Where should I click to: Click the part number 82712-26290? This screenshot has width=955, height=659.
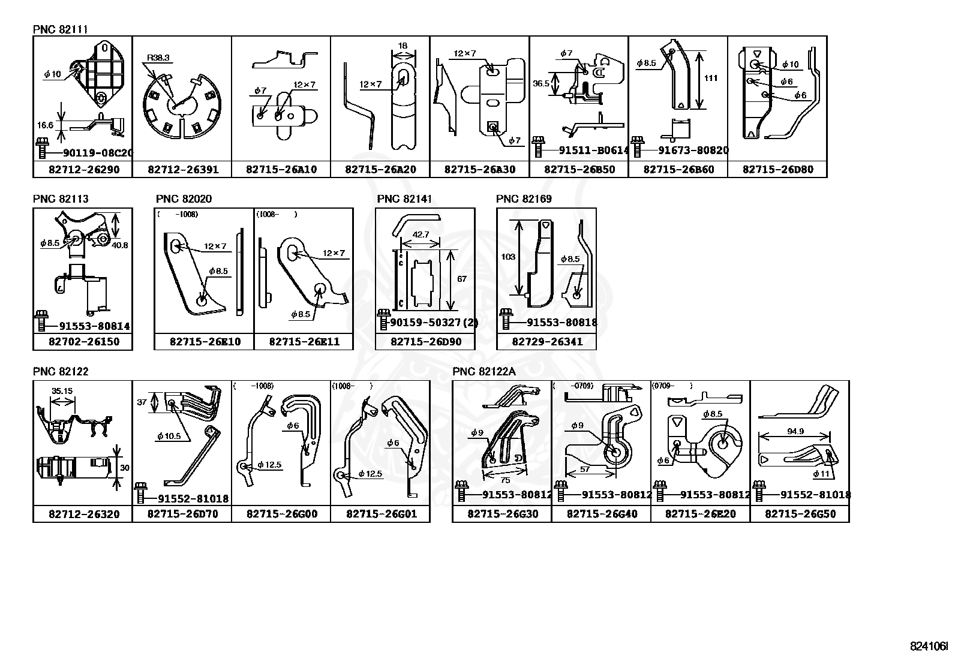pyautogui.click(x=83, y=170)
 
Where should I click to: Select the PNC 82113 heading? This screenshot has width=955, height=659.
pyautogui.click(x=61, y=198)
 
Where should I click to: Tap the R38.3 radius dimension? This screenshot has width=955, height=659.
pyautogui.click(x=158, y=58)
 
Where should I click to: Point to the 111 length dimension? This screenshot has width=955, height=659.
pyautogui.click(x=711, y=78)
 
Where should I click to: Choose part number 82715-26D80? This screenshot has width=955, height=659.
pyautogui.click(x=777, y=170)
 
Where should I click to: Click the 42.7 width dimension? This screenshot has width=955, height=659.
pyautogui.click(x=421, y=234)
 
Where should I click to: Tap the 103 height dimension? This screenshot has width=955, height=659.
pyautogui.click(x=507, y=257)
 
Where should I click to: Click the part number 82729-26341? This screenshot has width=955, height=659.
pyautogui.click(x=546, y=342)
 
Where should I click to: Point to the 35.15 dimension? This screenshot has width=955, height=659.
pyautogui.click(x=62, y=390)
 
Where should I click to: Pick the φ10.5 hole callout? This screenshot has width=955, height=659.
pyautogui.click(x=169, y=436)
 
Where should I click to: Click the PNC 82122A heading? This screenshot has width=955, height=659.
pyautogui.click(x=483, y=371)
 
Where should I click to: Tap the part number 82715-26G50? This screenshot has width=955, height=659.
pyautogui.click(x=800, y=514)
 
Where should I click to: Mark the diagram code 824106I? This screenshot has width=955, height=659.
pyautogui.click(x=929, y=646)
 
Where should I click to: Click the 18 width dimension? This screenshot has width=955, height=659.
pyautogui.click(x=403, y=46)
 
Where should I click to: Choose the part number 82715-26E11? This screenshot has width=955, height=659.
pyautogui.click(x=304, y=342)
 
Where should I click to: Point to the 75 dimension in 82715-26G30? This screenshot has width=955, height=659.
pyautogui.click(x=504, y=480)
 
